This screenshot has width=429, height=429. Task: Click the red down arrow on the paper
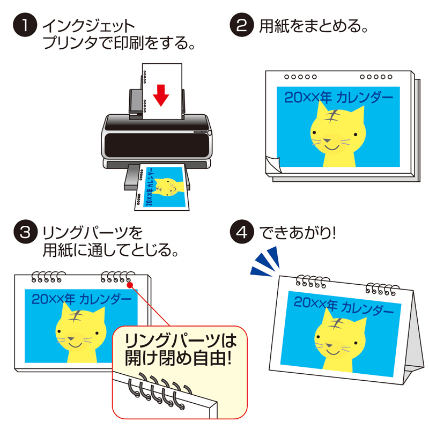161,96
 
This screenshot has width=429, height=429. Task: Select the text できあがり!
297,233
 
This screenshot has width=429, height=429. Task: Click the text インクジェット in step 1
88,25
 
